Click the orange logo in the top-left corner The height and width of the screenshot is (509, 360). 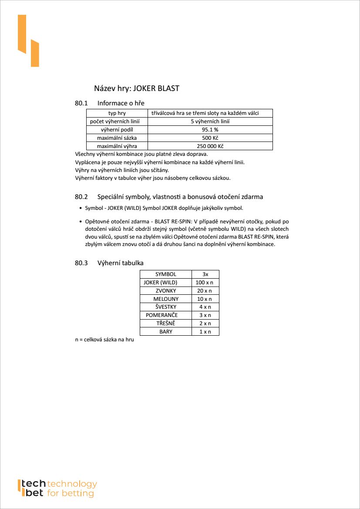pyautogui.click(x=28, y=40)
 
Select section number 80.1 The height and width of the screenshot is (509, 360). pyautogui.click(x=81, y=103)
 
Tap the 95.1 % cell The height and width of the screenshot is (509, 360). pyautogui.click(x=210, y=130)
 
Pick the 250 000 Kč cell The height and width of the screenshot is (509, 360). pyautogui.click(x=210, y=146)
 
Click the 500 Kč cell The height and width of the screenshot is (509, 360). pyautogui.click(x=210, y=138)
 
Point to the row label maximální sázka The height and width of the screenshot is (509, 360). pyautogui.click(x=116, y=138)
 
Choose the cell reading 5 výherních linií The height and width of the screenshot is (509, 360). pyautogui.click(x=210, y=121)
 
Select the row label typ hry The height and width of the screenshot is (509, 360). pyautogui.click(x=116, y=113)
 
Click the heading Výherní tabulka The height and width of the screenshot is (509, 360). pyautogui.click(x=121, y=263)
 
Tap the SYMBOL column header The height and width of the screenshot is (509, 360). pyautogui.click(x=166, y=274)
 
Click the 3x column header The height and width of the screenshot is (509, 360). pyautogui.click(x=205, y=274)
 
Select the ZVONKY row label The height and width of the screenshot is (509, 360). pyautogui.click(x=166, y=290)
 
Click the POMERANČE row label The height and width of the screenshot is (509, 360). pyautogui.click(x=162, y=315)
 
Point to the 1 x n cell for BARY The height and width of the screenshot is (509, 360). pyautogui.click(x=205, y=331)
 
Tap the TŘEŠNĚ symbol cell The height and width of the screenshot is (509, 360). pyautogui.click(x=166, y=323)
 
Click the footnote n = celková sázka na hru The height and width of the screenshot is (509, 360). pyautogui.click(x=104, y=339)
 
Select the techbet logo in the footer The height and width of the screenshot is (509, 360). pyautogui.click(x=57, y=489)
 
